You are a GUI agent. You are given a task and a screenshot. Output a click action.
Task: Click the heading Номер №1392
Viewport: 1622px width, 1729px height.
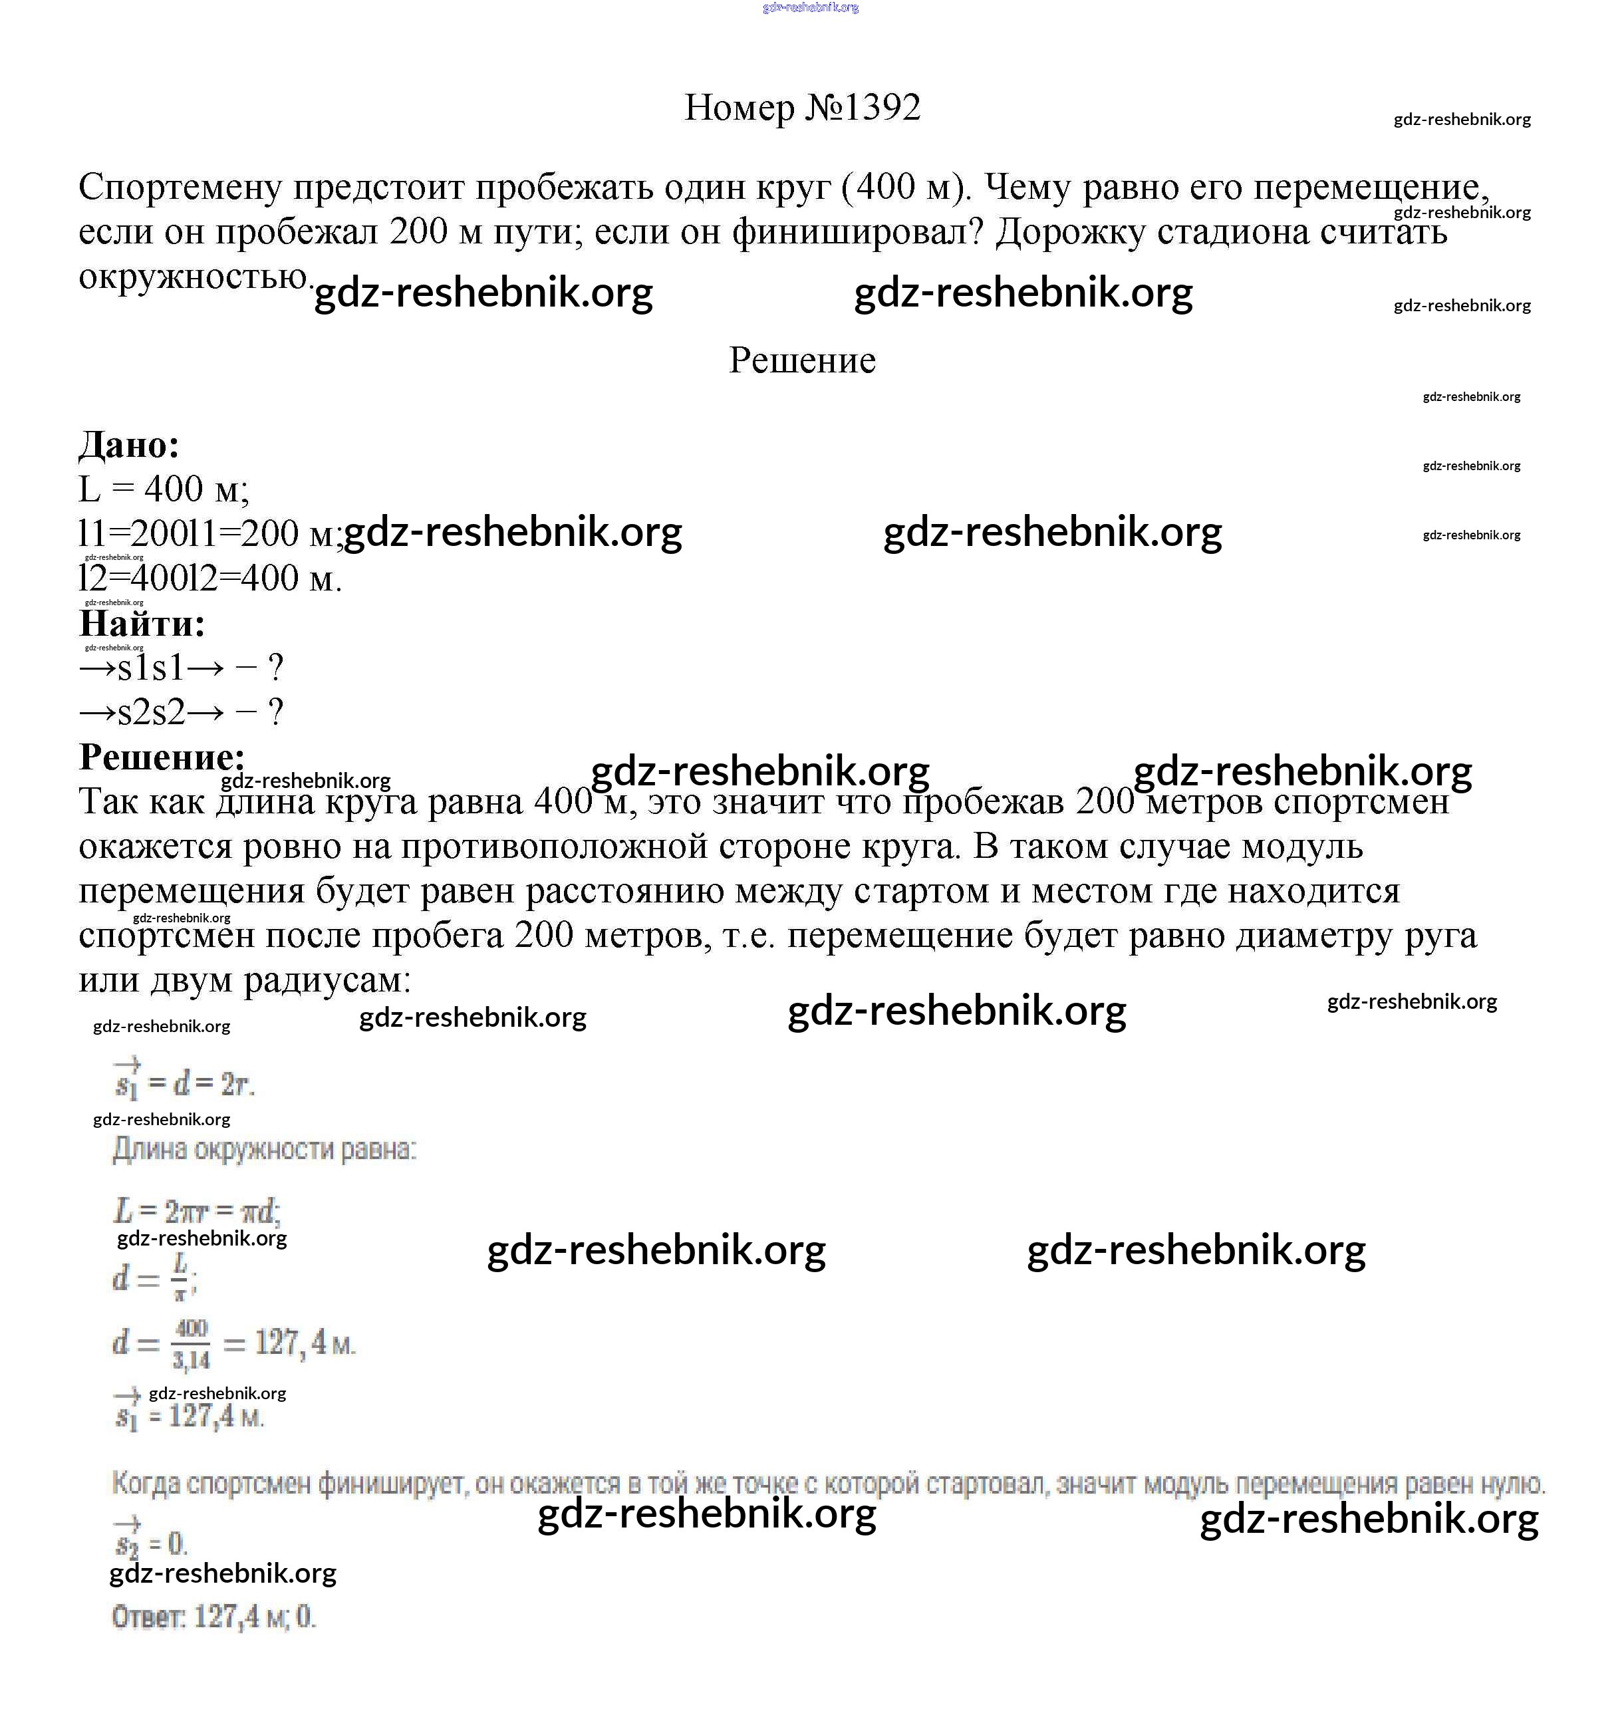point(802,108)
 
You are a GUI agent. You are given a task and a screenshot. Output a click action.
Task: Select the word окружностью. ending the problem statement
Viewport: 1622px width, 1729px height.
point(195,277)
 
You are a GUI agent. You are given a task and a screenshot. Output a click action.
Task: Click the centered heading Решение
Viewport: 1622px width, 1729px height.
point(802,360)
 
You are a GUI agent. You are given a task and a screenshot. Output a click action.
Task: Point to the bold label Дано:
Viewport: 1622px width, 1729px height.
point(129,446)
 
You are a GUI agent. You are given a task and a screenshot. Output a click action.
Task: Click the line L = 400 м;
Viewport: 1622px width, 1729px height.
point(164,489)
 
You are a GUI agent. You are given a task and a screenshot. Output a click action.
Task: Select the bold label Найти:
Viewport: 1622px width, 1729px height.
point(142,624)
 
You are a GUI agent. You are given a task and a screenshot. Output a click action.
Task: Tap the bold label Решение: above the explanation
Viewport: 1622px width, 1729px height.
point(162,757)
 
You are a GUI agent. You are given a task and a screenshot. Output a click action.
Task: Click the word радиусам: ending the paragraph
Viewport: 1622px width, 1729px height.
point(326,980)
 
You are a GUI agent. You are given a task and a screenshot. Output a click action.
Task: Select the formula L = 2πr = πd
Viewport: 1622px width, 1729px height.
point(197,1210)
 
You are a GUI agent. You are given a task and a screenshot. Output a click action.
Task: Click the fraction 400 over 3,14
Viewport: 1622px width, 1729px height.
point(190,1344)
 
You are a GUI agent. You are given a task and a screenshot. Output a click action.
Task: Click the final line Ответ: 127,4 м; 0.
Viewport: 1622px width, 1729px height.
point(213,1617)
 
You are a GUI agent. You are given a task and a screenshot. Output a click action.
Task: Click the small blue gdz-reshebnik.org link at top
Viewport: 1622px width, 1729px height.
point(810,8)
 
